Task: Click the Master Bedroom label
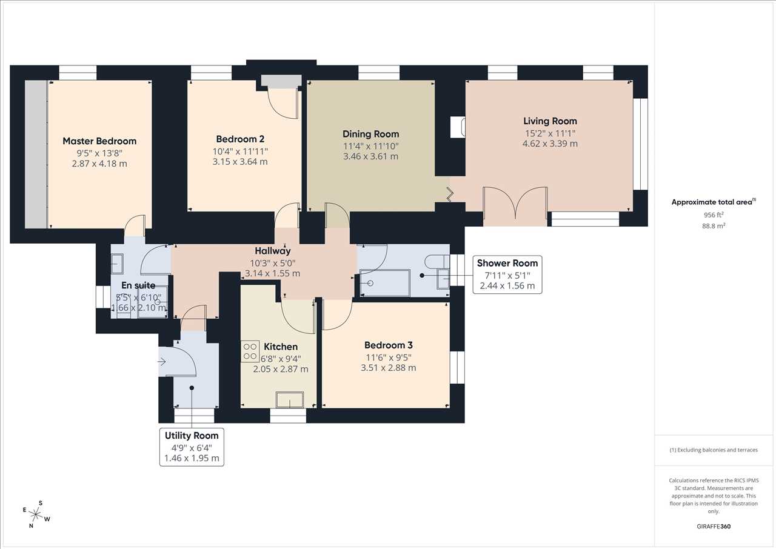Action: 99,141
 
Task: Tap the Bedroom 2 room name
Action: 240,139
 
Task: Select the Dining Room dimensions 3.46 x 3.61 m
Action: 370,156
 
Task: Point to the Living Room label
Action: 550,121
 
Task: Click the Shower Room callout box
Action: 507,274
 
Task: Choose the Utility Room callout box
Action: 192,447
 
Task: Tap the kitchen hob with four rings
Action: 250,351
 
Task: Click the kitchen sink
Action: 290,400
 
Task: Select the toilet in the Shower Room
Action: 437,261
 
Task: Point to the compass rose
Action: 36,514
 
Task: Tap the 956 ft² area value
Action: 714,215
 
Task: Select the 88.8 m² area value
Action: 714,226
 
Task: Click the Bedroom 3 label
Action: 389,345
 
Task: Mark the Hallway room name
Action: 273,251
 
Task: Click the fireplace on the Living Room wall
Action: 458,127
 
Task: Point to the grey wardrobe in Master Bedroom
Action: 36,155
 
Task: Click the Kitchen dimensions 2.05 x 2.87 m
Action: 281,370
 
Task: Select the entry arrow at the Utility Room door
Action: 162,362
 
